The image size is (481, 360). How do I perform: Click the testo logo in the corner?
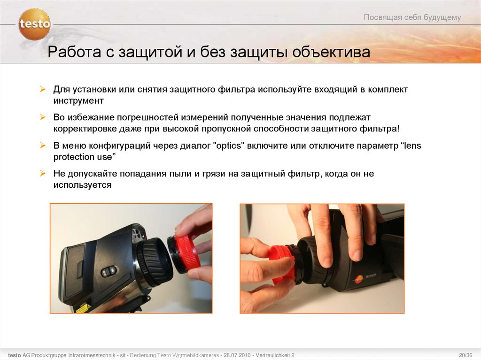pyautogui.click(x=34, y=23)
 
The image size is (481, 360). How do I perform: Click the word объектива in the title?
pyautogui.click(x=331, y=52)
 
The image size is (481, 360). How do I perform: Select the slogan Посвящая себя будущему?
pyautogui.click(x=412, y=17)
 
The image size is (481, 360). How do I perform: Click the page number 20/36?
pyautogui.click(x=465, y=354)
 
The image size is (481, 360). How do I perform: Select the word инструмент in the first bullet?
pyautogui.click(x=78, y=100)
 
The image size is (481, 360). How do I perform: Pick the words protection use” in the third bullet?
pyautogui.click(x=84, y=157)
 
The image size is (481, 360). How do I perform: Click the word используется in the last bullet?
pyautogui.click(x=82, y=185)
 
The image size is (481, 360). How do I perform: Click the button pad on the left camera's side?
pyautogui.click(x=109, y=271)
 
